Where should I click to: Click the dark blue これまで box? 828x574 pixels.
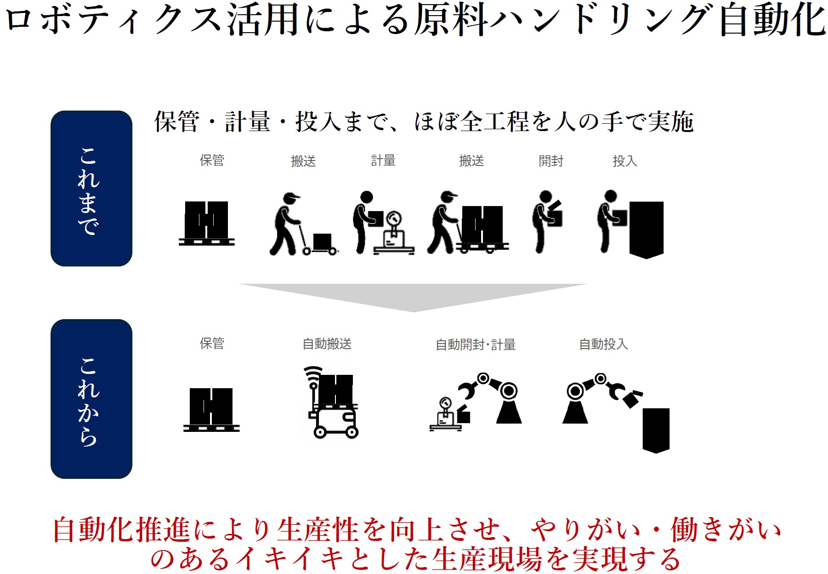(x=91, y=188)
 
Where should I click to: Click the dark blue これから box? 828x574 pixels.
(x=91, y=398)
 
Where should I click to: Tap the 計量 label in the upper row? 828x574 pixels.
(x=383, y=161)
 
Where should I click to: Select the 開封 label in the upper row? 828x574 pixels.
(x=550, y=161)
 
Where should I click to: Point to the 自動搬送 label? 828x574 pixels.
(x=327, y=344)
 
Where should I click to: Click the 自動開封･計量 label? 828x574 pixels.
(x=475, y=344)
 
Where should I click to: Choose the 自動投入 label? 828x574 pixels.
(x=603, y=344)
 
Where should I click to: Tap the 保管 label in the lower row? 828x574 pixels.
(x=212, y=343)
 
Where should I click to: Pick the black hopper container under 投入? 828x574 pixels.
(x=646, y=229)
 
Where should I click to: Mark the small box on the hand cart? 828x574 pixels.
(x=322, y=241)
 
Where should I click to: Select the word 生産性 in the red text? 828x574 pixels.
(x=318, y=530)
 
